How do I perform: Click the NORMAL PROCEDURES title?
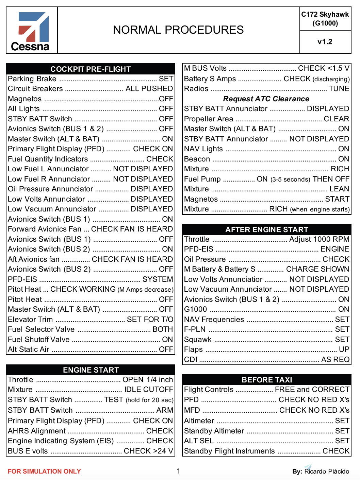pyautogui.click(x=178, y=30)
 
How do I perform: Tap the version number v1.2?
pyautogui.click(x=325, y=42)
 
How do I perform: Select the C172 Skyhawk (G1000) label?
pyautogui.click(x=325, y=19)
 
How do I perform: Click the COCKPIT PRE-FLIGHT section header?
pyautogui.click(x=91, y=69)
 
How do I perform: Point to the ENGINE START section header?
pyautogui.click(x=91, y=370)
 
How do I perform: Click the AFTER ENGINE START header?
pyautogui.click(x=266, y=229)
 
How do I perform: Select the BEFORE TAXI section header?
pyautogui.click(x=266, y=380)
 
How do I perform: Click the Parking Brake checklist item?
pyautogui.click(x=32, y=79)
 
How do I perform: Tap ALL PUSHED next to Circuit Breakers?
pyautogui.click(x=149, y=89)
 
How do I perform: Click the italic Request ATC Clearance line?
pyautogui.click(x=266, y=99)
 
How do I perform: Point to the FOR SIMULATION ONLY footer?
pyautogui.click(x=44, y=471)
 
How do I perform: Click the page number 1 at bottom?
pyautogui.click(x=178, y=471)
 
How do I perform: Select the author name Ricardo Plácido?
pyautogui.click(x=326, y=471)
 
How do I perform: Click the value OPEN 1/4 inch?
pyautogui.click(x=148, y=380)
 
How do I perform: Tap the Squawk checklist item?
pyautogui.click(x=198, y=340)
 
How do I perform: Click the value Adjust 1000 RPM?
pyautogui.click(x=319, y=239)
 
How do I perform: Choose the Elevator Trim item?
pyautogui.click(x=30, y=320)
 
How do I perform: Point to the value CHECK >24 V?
pyautogui.click(x=148, y=451)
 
